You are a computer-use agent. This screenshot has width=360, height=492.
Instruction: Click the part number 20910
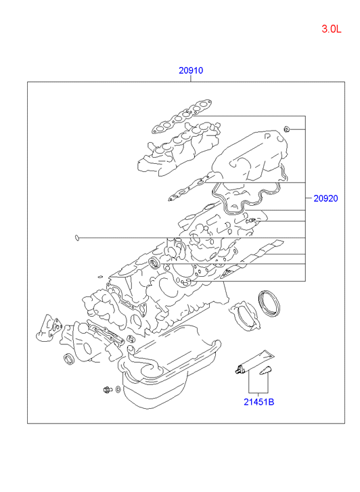191,70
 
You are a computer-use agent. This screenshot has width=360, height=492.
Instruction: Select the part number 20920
325,198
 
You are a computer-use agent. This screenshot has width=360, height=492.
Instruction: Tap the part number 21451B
259,401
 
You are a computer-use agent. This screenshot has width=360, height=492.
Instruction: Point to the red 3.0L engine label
331,29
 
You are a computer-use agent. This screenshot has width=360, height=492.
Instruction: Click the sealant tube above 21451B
255,362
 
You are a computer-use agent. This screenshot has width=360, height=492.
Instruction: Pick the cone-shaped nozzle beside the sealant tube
265,371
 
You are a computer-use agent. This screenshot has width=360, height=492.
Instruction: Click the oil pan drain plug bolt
108,390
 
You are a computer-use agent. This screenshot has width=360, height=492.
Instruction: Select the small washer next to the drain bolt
118,389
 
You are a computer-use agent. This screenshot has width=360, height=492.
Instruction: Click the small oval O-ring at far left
76,238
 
